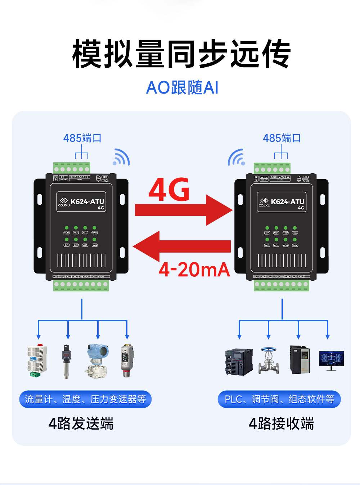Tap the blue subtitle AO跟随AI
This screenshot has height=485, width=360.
(x=182, y=87)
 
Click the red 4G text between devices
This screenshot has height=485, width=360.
(x=169, y=189)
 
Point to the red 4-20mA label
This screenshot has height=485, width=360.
(x=194, y=269)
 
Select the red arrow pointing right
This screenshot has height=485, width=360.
(x=183, y=210)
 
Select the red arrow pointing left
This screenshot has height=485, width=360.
(x=181, y=246)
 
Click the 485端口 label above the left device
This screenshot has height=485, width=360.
(x=82, y=138)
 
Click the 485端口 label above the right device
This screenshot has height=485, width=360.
(x=282, y=138)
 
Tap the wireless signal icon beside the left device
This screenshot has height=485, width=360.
(x=121, y=157)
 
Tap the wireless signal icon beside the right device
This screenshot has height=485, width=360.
(x=236, y=158)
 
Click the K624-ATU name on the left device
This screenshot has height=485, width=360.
(x=87, y=201)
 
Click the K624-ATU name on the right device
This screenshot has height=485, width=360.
(x=287, y=201)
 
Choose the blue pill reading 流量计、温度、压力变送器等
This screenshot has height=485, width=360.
(x=85, y=399)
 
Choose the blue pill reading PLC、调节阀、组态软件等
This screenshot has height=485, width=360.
(x=279, y=399)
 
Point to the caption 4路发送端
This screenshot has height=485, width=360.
(x=81, y=423)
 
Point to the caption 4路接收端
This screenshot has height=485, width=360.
(x=281, y=423)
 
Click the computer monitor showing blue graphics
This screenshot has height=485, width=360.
(x=331, y=360)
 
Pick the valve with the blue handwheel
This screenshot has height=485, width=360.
(x=269, y=361)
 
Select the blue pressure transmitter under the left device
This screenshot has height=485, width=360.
(x=97, y=361)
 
